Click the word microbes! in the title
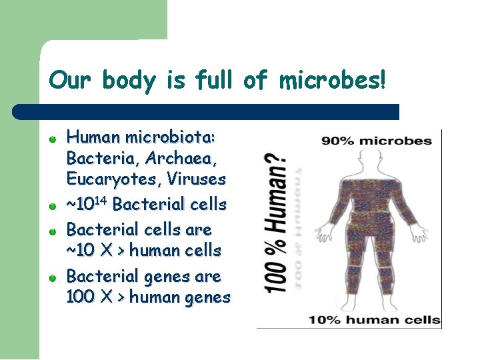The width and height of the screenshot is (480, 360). [x=332, y=81]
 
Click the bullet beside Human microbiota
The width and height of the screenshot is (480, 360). [x=52, y=139]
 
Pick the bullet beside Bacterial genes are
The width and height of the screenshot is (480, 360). [x=52, y=277]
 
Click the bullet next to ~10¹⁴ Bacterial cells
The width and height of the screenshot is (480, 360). [x=52, y=205]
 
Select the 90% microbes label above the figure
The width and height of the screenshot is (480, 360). [x=377, y=141]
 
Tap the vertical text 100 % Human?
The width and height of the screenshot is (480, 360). [x=277, y=225]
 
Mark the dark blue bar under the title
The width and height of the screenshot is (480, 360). [x=207, y=111]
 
